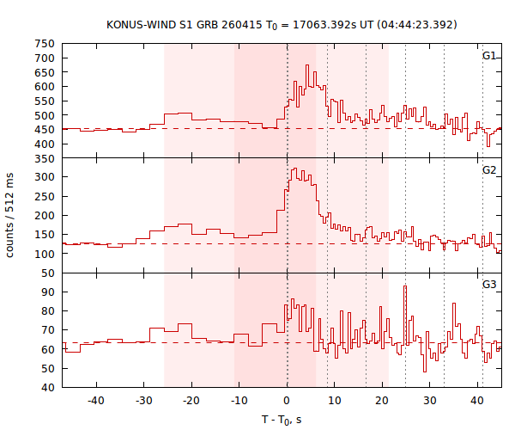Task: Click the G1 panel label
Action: [488, 56]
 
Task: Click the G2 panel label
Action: [488, 169]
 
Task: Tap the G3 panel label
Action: [488, 283]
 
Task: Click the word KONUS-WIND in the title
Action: [142, 24]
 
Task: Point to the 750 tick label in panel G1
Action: [45, 44]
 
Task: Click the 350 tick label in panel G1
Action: [45, 158]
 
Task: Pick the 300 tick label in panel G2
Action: [45, 177]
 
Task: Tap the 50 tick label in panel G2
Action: [48, 273]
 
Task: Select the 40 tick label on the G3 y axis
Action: [48, 387]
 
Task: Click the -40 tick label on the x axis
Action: [96, 401]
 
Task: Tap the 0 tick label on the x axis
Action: [288, 401]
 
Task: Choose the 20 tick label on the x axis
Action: [382, 401]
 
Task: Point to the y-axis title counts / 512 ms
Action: [11, 215]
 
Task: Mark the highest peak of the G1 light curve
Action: [307, 65]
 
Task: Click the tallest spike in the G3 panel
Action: [405, 286]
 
